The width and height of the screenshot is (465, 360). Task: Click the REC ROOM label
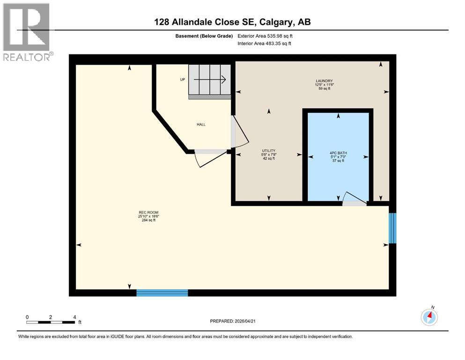tap(145, 212)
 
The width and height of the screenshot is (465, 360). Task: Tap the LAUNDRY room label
tap(324, 81)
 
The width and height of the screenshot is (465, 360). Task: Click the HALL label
tap(201, 124)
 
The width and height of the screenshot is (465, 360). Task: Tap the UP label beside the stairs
tap(182, 79)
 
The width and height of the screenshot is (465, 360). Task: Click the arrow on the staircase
tap(210, 79)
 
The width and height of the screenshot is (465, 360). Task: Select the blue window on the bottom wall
tap(162, 293)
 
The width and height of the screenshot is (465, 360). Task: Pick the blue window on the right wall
tap(392, 228)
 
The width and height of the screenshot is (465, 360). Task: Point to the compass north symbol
tap(429, 317)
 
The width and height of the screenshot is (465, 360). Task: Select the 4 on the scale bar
tap(74, 317)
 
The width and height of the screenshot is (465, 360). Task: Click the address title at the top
tap(232, 22)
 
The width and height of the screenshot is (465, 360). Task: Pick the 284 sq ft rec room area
tap(145, 220)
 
